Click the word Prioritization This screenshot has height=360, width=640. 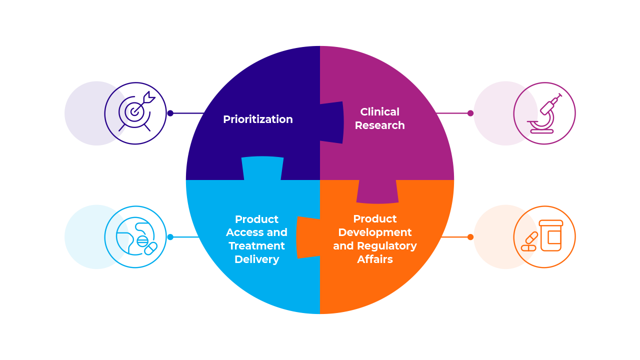[x=257, y=119]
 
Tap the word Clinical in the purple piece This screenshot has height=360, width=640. [x=379, y=112]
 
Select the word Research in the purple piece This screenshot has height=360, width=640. [x=379, y=125]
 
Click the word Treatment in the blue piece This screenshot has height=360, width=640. [x=256, y=246]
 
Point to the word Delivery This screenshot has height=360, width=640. [x=256, y=259]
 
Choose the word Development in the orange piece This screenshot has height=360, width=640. [x=375, y=232]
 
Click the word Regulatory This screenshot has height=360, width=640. [x=393, y=246]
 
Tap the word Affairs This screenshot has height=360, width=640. [x=375, y=259]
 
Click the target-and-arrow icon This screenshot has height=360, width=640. [x=135, y=113]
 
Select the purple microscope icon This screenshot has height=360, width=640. [x=544, y=113]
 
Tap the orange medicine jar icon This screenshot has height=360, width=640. [x=550, y=235]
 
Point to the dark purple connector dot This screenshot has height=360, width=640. [x=170, y=113]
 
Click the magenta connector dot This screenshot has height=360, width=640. [x=470, y=113]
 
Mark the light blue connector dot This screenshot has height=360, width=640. [x=170, y=237]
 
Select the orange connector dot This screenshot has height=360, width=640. [x=470, y=237]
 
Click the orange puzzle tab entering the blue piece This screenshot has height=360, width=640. [x=306, y=237]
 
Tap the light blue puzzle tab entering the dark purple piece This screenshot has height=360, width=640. [x=262, y=168]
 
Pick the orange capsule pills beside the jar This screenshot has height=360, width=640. [x=529, y=242]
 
